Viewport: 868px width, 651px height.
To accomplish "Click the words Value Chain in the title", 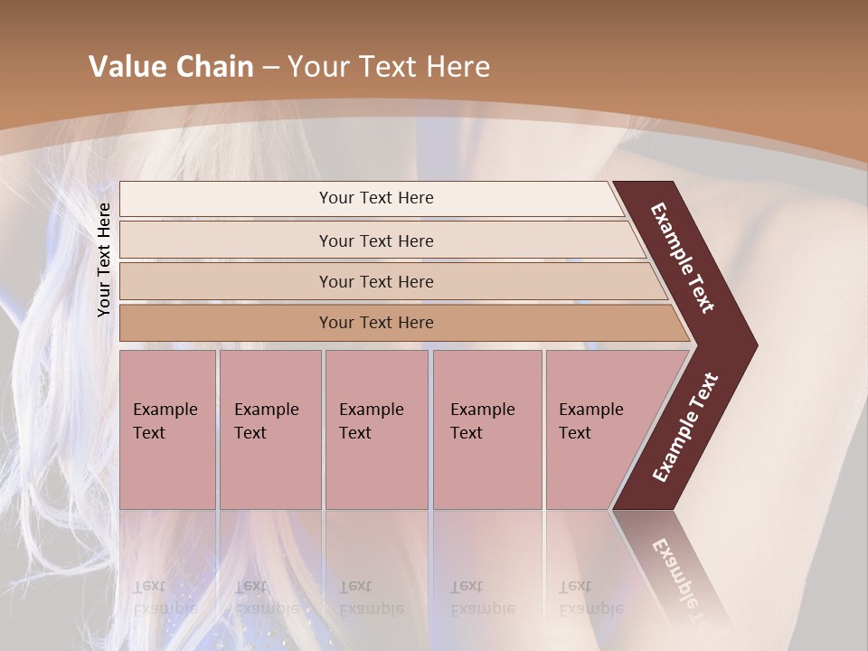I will pyautogui.click(x=171, y=67).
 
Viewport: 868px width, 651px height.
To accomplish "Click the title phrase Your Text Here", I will pyautogui.click(x=389, y=67).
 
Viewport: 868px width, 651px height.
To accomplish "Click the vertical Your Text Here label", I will pyautogui.click(x=104, y=259).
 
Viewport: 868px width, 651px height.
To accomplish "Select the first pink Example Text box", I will pyautogui.click(x=167, y=429).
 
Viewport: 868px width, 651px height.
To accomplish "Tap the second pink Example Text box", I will pyautogui.click(x=270, y=429).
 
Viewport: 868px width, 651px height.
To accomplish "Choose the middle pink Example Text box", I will pyautogui.click(x=376, y=429).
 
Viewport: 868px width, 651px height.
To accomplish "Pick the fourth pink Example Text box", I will pyautogui.click(x=487, y=429).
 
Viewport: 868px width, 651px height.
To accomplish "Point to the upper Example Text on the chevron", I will pyautogui.click(x=683, y=258).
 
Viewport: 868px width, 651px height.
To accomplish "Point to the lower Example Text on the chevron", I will pyautogui.click(x=685, y=427).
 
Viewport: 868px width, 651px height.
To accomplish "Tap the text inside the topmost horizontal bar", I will pyautogui.click(x=376, y=198).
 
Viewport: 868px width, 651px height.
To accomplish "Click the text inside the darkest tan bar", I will pyautogui.click(x=376, y=323).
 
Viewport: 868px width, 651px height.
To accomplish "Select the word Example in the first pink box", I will pyautogui.click(x=165, y=410).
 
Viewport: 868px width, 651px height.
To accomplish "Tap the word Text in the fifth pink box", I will pyautogui.click(x=575, y=433).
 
